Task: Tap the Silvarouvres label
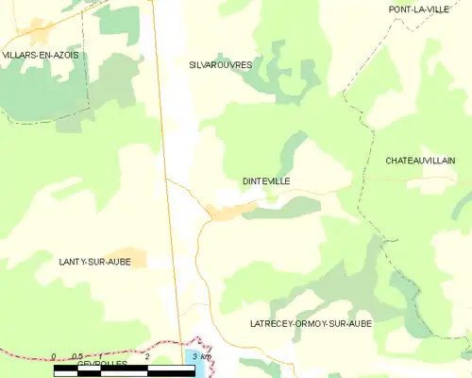[221, 65]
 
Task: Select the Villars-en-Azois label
[41, 56]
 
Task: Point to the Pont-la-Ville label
[419, 9]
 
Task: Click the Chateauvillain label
[420, 161]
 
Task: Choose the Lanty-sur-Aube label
[94, 262]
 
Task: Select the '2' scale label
[148, 357]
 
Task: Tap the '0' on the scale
[54, 357]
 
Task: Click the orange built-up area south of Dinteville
[232, 211]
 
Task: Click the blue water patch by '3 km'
[202, 369]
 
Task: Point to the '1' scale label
[102, 357]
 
